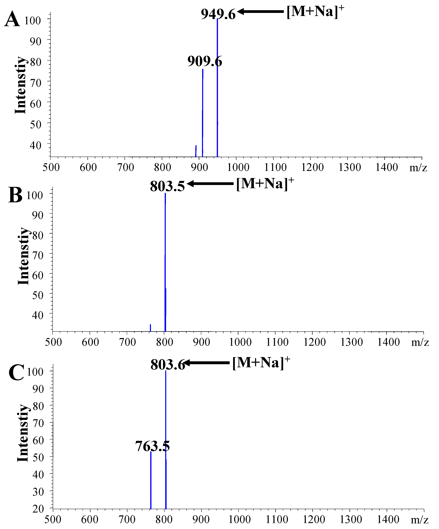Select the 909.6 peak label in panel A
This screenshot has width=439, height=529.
[x=205, y=61]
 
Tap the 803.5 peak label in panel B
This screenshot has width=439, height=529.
[x=167, y=186]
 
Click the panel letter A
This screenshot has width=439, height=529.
[x=12, y=20]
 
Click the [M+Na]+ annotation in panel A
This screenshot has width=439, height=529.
[x=315, y=12]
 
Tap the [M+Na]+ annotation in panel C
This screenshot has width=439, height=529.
[x=261, y=363]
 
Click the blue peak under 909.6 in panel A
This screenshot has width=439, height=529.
[x=203, y=113]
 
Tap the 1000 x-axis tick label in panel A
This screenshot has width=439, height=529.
[x=238, y=167]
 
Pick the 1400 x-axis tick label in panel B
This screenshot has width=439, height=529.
[x=388, y=342]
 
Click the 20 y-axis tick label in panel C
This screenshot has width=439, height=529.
[x=38, y=509]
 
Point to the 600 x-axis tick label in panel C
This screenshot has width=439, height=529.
[x=90, y=519]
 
